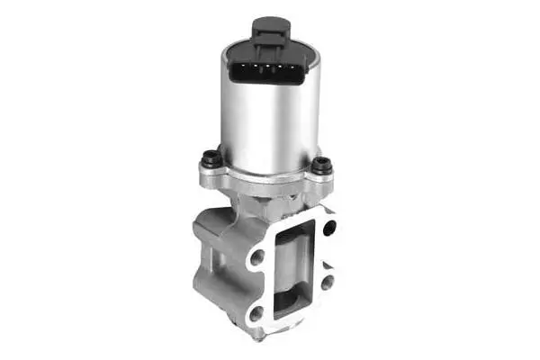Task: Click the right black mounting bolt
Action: pyautogui.click(x=322, y=166)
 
